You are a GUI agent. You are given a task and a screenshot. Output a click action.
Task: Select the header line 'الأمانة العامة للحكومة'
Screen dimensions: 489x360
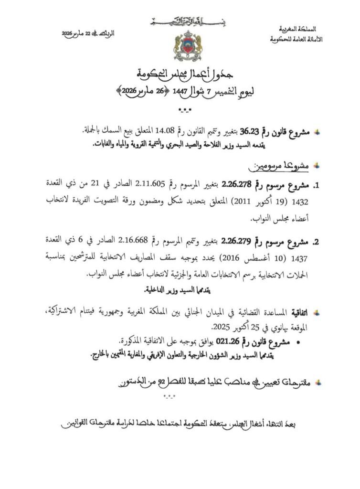pyautogui.click(x=296, y=40)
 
